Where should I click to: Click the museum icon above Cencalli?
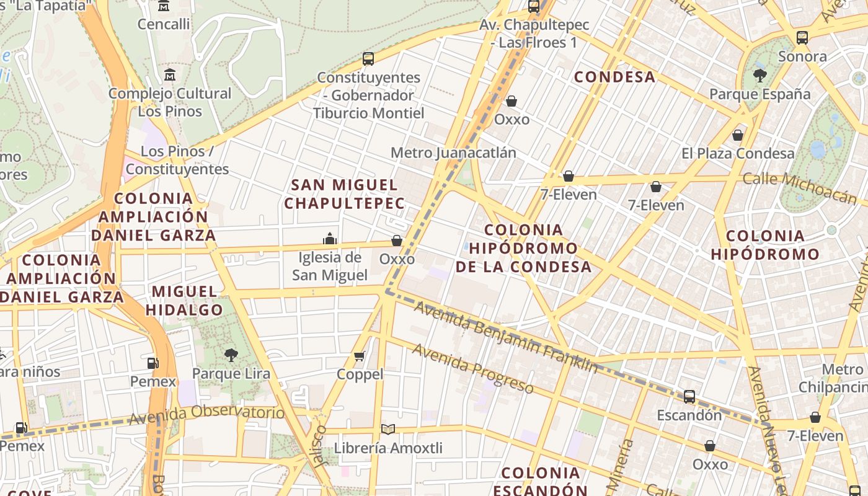pyautogui.click(x=164, y=6)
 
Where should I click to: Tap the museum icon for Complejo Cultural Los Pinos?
pyautogui.click(x=170, y=75)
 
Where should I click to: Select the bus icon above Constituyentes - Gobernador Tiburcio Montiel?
pyautogui.click(x=368, y=59)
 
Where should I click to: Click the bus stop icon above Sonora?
pyautogui.click(x=802, y=38)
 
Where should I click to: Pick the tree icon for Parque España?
pyautogui.click(x=759, y=76)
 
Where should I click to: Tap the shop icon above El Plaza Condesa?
pyautogui.click(x=738, y=135)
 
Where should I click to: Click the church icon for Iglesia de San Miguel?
pyautogui.click(x=330, y=239)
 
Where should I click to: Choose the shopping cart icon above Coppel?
pyautogui.click(x=360, y=356)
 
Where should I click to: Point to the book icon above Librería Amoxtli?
pyautogui.click(x=388, y=429)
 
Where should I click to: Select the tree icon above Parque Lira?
pyautogui.click(x=231, y=355)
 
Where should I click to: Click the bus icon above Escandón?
pyautogui.click(x=689, y=397)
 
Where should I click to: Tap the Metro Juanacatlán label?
pyautogui.click(x=453, y=153)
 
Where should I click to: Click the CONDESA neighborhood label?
pyautogui.click(x=614, y=77)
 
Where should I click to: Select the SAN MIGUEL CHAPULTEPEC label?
pyautogui.click(x=345, y=193)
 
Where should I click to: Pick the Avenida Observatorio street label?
pyautogui.click(x=207, y=415)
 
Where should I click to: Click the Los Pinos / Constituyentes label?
pyautogui.click(x=177, y=160)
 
